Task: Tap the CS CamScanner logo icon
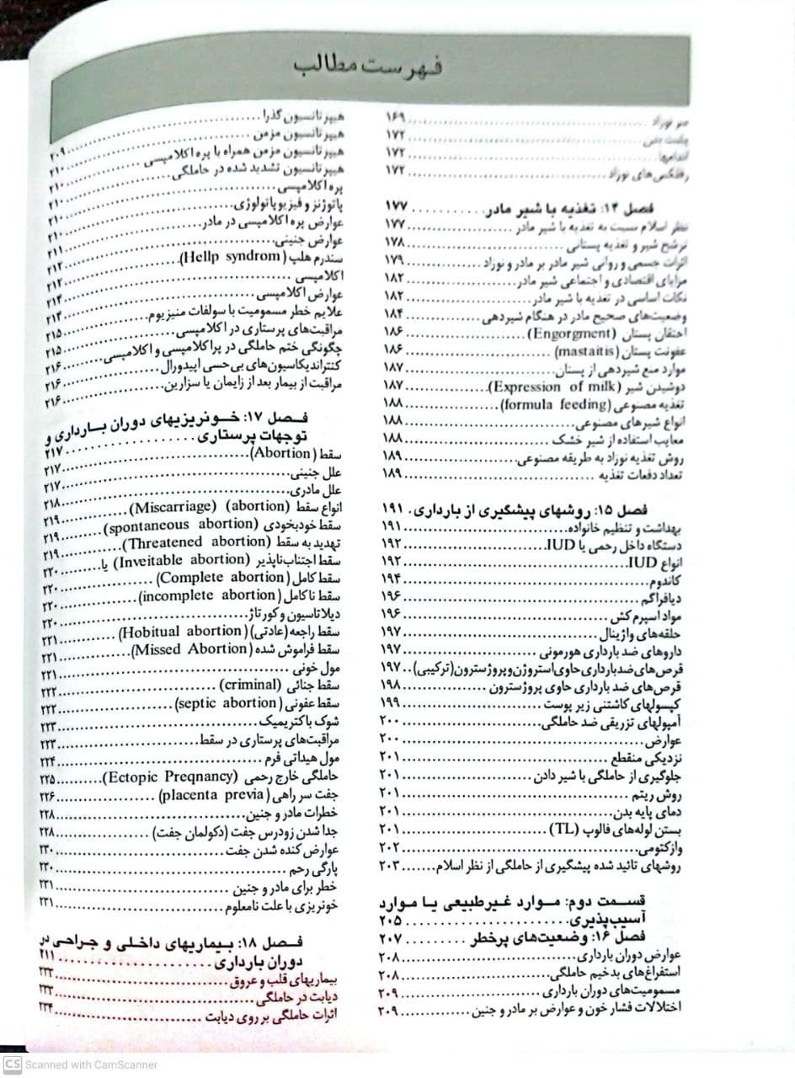pos(12,1065)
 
